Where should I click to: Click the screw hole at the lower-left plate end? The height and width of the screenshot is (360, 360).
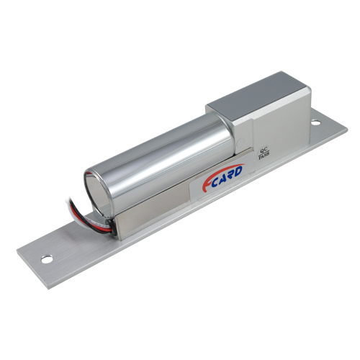coord(47,259)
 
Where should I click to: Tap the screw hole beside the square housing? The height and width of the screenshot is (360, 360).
coord(316,123)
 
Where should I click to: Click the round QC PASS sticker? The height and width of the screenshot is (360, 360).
coord(264,154)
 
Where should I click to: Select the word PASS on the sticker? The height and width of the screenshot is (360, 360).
coord(264,157)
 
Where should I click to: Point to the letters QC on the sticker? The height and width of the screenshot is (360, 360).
coord(263,151)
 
